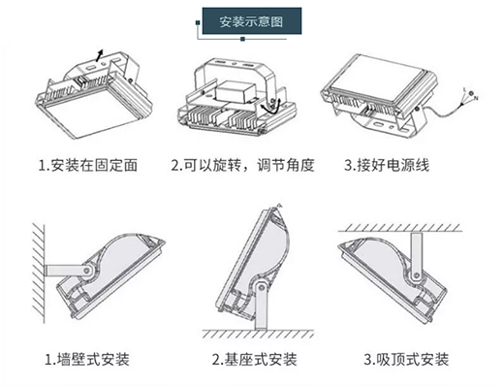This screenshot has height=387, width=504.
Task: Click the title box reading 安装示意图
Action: click(x=252, y=21)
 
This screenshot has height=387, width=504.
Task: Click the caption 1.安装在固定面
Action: click(x=88, y=165)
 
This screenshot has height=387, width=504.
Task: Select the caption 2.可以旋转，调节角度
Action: click(x=242, y=165)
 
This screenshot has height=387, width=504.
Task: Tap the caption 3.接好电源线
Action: click(x=387, y=165)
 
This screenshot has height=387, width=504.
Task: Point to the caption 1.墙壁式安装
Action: click(x=87, y=359)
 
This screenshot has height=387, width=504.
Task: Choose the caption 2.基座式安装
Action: click(x=254, y=359)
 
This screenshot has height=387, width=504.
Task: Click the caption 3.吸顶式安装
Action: click(x=406, y=359)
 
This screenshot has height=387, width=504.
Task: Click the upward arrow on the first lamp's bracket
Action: click(x=100, y=55)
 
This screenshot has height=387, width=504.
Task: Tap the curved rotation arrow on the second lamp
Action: click(x=270, y=106)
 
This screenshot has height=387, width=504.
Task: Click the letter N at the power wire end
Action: click(x=476, y=98)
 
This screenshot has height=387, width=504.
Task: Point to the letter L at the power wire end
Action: click(x=464, y=89)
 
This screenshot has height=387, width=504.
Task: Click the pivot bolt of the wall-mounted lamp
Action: click(x=87, y=271)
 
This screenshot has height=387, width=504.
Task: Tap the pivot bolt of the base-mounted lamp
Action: click(x=261, y=288)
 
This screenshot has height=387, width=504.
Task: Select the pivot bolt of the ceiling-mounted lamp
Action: click(x=417, y=275)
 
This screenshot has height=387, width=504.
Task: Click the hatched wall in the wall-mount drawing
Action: click(x=39, y=274)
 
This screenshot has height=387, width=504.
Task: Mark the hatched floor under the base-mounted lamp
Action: click(x=258, y=334)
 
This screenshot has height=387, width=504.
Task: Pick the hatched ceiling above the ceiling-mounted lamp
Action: click(x=400, y=228)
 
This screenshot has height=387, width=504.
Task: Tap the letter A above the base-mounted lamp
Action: click(x=280, y=206)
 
